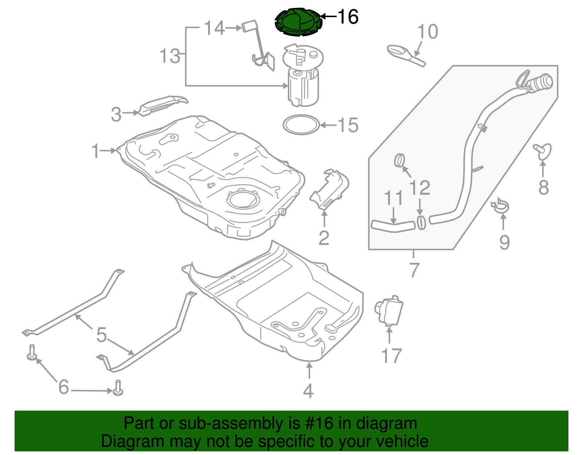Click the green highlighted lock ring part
point(298,22)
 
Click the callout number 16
point(348,17)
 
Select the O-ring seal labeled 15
point(301,125)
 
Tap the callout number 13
point(170,56)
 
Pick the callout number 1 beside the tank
point(95,151)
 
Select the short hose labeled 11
point(393,226)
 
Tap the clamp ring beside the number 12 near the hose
point(421,223)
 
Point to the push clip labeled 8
point(543,152)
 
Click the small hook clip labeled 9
point(501,206)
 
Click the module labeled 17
point(390,311)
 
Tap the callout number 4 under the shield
point(308,391)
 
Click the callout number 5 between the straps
point(101,334)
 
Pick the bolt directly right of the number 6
point(118,388)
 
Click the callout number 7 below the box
point(414,270)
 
